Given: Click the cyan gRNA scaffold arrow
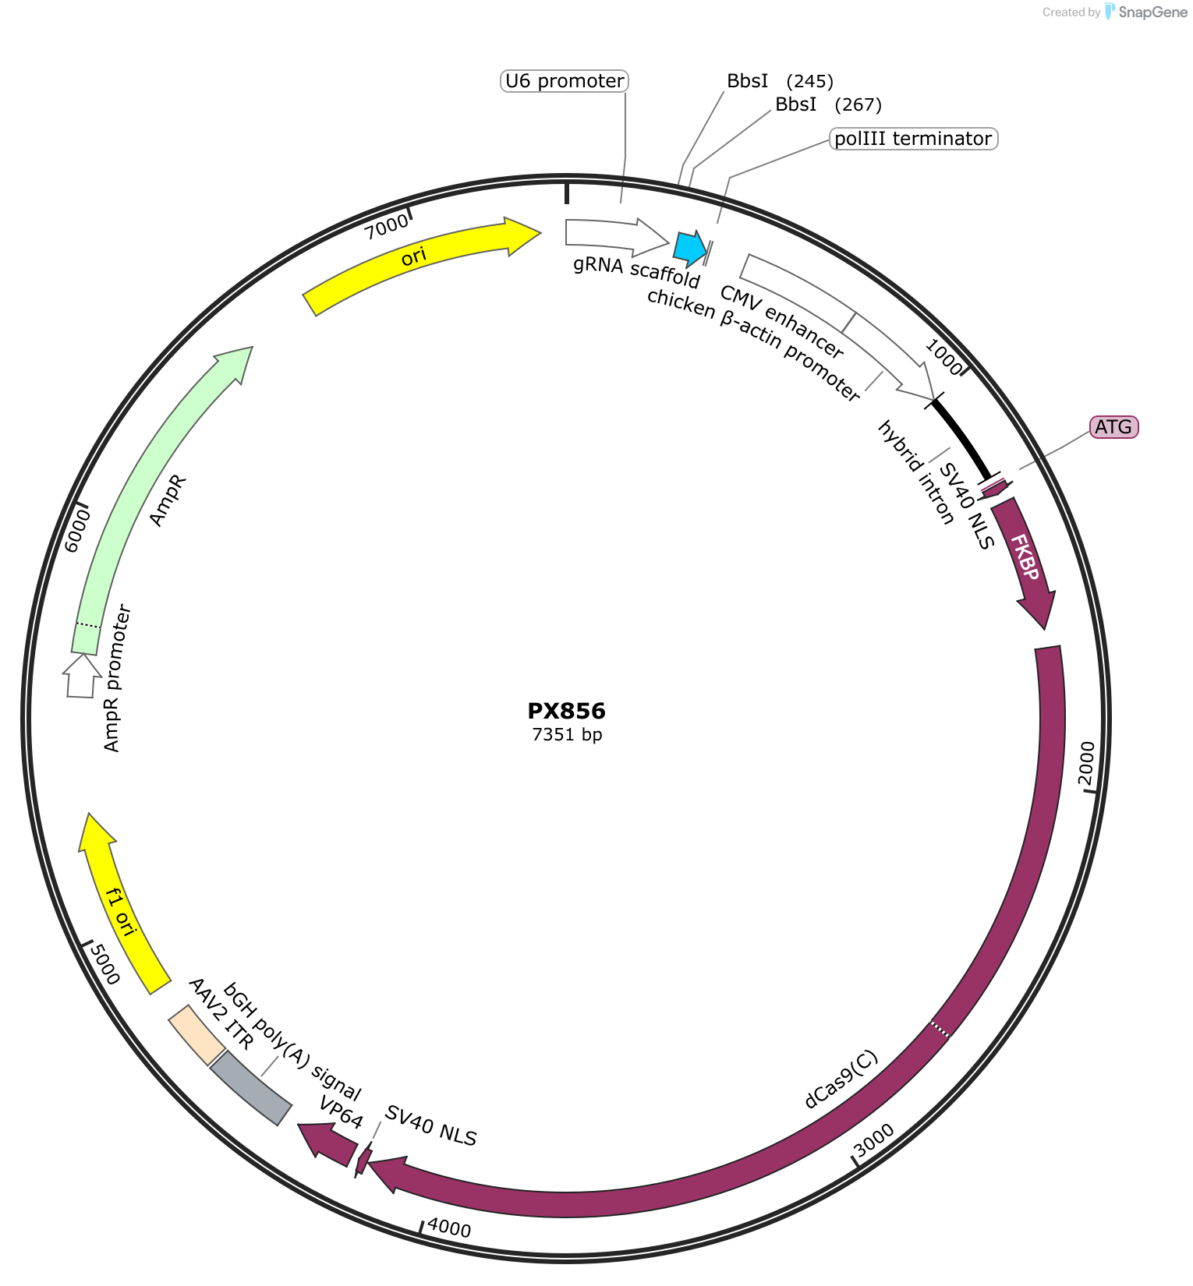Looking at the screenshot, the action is pos(690,247).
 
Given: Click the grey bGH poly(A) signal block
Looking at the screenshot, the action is pos(251,1088).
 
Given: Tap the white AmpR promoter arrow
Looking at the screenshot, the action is pos(81,676).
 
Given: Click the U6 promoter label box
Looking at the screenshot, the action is pos(565,81).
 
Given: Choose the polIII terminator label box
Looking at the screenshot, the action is pos(913,139).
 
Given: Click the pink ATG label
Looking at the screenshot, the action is pos(1113,427).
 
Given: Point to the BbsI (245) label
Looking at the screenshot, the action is pos(780,81).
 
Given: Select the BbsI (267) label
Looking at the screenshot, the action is pos(828,104).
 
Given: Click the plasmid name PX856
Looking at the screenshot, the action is pos(567,711).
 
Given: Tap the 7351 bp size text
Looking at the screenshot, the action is pos(567,734).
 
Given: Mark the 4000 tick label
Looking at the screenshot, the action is pos(449,1228).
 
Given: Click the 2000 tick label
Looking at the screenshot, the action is pos(1086,765).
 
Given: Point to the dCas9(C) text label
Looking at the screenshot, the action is pos(841,1080).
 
